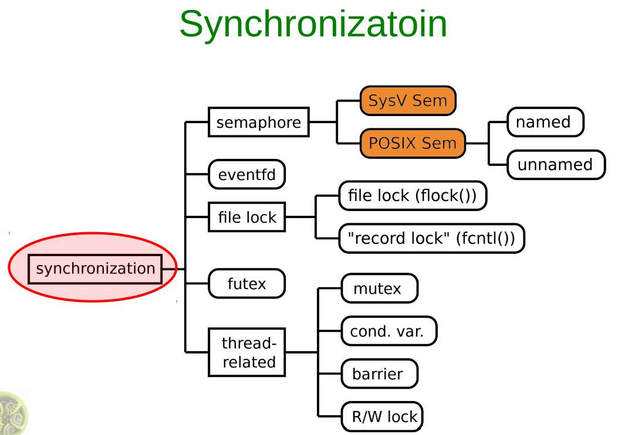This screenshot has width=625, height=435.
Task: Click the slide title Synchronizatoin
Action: click(x=313, y=24)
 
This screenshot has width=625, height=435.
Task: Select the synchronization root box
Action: click(x=95, y=269)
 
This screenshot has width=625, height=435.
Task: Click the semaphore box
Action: click(x=258, y=122)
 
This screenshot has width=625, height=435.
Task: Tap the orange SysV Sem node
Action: click(x=408, y=100)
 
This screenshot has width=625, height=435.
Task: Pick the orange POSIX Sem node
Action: click(x=412, y=143)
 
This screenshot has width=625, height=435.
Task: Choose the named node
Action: click(x=545, y=122)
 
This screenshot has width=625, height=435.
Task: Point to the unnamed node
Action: click(x=555, y=165)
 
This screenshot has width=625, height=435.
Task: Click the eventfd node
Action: click(x=246, y=175)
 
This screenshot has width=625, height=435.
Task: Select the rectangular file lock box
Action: click(x=246, y=217)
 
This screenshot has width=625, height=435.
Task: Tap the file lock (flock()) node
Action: click(x=412, y=196)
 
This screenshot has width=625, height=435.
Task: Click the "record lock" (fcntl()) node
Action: click(x=431, y=239)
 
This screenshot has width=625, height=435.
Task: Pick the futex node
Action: click(x=246, y=284)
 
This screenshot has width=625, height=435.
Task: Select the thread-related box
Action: click(x=247, y=352)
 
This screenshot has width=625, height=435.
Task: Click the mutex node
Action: click(x=379, y=288)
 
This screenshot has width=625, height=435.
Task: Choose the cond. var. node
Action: click(x=388, y=331)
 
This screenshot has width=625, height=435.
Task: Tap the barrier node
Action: click(x=379, y=374)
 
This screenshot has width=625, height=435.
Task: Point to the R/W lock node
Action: click(x=382, y=417)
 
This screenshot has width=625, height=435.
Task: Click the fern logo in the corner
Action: click(x=12, y=413)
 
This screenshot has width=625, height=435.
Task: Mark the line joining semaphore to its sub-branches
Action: click(x=323, y=122)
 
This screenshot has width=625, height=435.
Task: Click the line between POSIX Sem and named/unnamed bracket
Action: click(x=477, y=143)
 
